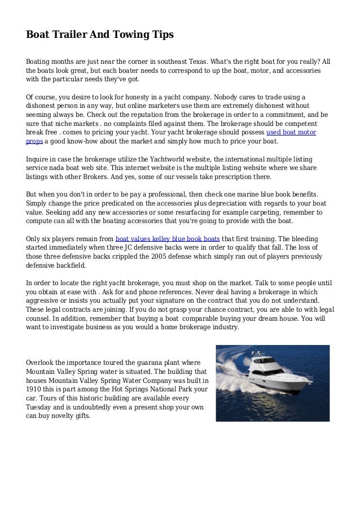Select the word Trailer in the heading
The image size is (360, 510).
(69, 36)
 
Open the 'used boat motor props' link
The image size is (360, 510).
(291, 133)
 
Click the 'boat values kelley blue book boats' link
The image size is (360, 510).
(168, 238)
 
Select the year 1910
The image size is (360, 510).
(36, 390)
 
